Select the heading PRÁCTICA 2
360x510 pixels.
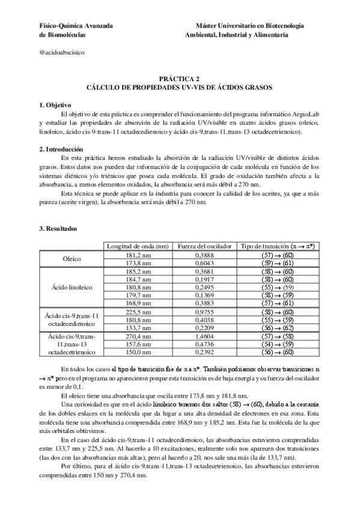tap(180, 79)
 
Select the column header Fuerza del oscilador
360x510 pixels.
tap(201, 246)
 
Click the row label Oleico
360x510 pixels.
tap(72, 259)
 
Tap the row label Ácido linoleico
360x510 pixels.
tap(72, 287)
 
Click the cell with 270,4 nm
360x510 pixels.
tap(137, 337)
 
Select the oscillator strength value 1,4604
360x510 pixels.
tap(201, 337)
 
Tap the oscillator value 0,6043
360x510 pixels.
tap(201, 263)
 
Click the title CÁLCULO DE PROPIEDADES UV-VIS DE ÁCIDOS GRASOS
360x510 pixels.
tap(180, 87)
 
